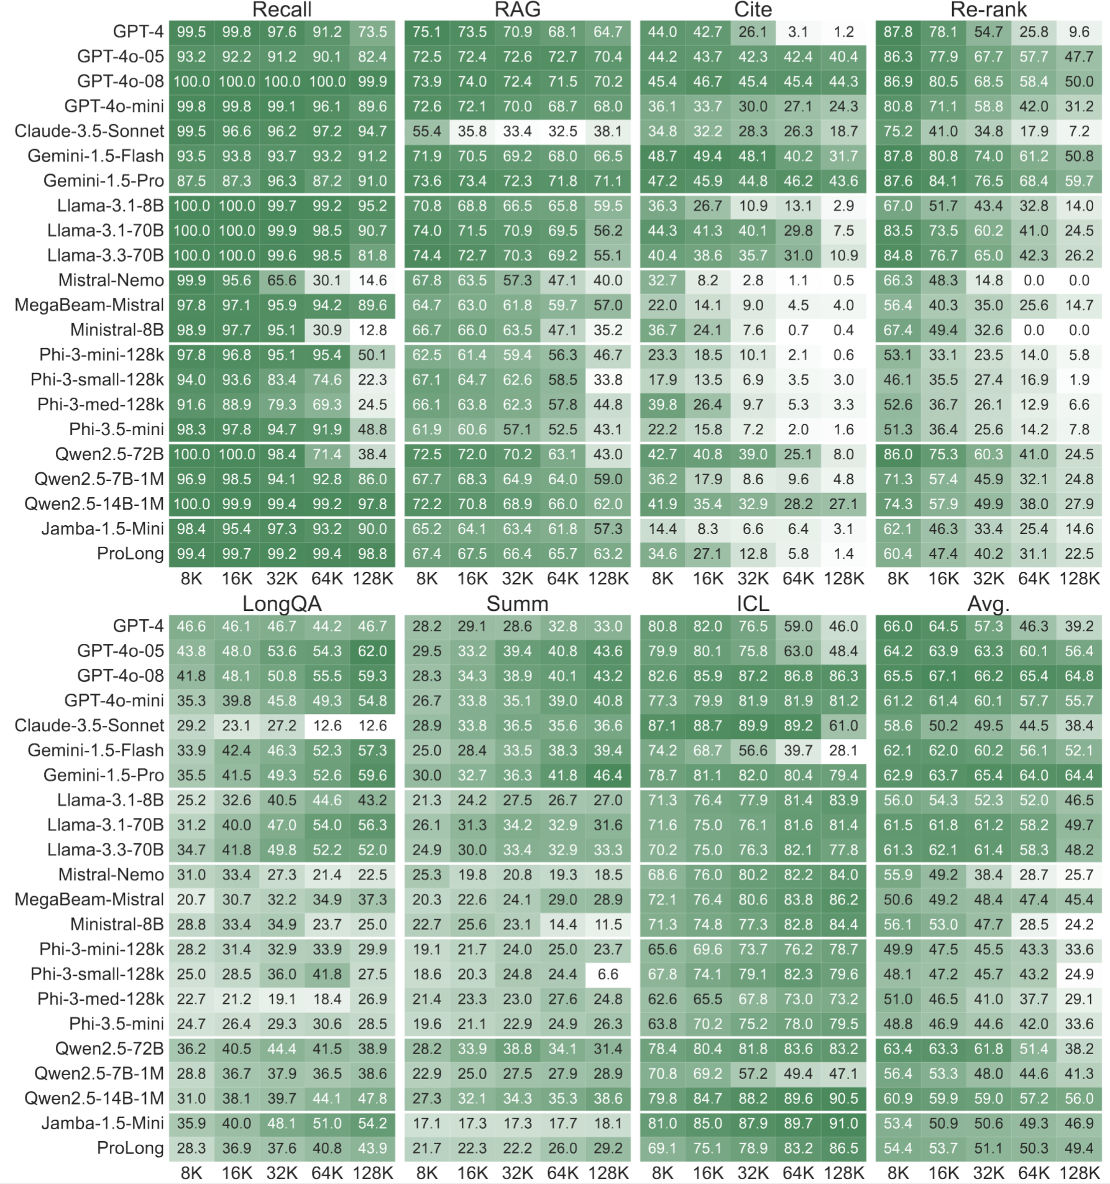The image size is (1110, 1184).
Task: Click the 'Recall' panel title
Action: [x=282, y=9]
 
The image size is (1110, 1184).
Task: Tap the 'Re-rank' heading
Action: [x=988, y=9]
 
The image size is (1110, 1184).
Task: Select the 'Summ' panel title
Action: [x=517, y=603]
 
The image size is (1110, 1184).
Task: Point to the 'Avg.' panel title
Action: [x=988, y=603]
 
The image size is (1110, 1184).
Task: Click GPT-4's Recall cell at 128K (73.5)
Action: [x=372, y=32]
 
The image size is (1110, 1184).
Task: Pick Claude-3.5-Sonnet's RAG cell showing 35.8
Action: [x=472, y=131]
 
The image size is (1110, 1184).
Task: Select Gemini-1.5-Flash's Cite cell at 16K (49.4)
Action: [x=708, y=156]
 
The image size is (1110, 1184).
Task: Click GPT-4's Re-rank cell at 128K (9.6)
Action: [x=1079, y=32]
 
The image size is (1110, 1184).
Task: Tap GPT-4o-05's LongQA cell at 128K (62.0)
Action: [x=372, y=651]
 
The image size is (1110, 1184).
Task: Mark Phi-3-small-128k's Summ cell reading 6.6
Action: [x=608, y=974]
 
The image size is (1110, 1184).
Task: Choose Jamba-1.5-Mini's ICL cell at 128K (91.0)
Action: [x=843, y=1123]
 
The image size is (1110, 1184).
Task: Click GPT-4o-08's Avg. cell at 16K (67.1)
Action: [x=943, y=676]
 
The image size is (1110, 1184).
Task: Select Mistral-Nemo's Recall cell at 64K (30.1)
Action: [x=327, y=280]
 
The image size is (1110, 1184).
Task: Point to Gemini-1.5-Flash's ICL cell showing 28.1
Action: [x=843, y=750]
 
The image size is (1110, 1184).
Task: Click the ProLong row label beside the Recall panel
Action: [x=130, y=554]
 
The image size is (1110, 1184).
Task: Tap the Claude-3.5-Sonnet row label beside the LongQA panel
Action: [x=89, y=725]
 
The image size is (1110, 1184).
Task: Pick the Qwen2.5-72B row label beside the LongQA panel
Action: [x=109, y=1049]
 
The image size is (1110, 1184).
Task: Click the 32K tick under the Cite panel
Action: [x=753, y=579]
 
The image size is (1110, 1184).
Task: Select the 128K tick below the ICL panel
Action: [x=843, y=1173]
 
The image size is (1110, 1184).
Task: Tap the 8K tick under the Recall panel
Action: [x=191, y=579]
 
